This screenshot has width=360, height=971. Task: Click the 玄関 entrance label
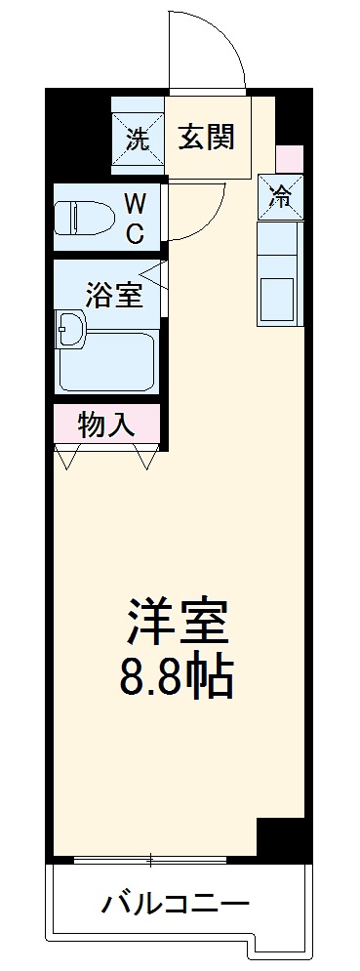coord(206,138)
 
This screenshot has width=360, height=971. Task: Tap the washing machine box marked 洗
coord(137,138)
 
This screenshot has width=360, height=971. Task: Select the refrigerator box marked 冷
coord(280,196)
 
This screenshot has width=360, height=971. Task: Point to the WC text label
coord(135,218)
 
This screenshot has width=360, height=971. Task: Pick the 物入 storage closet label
coord(105,425)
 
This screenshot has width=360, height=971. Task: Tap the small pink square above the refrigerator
coord(289,157)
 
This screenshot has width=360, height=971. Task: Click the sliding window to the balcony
coord(151,861)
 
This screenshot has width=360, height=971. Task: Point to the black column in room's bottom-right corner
coord(282,838)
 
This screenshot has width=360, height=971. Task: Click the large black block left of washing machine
coord(79,133)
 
